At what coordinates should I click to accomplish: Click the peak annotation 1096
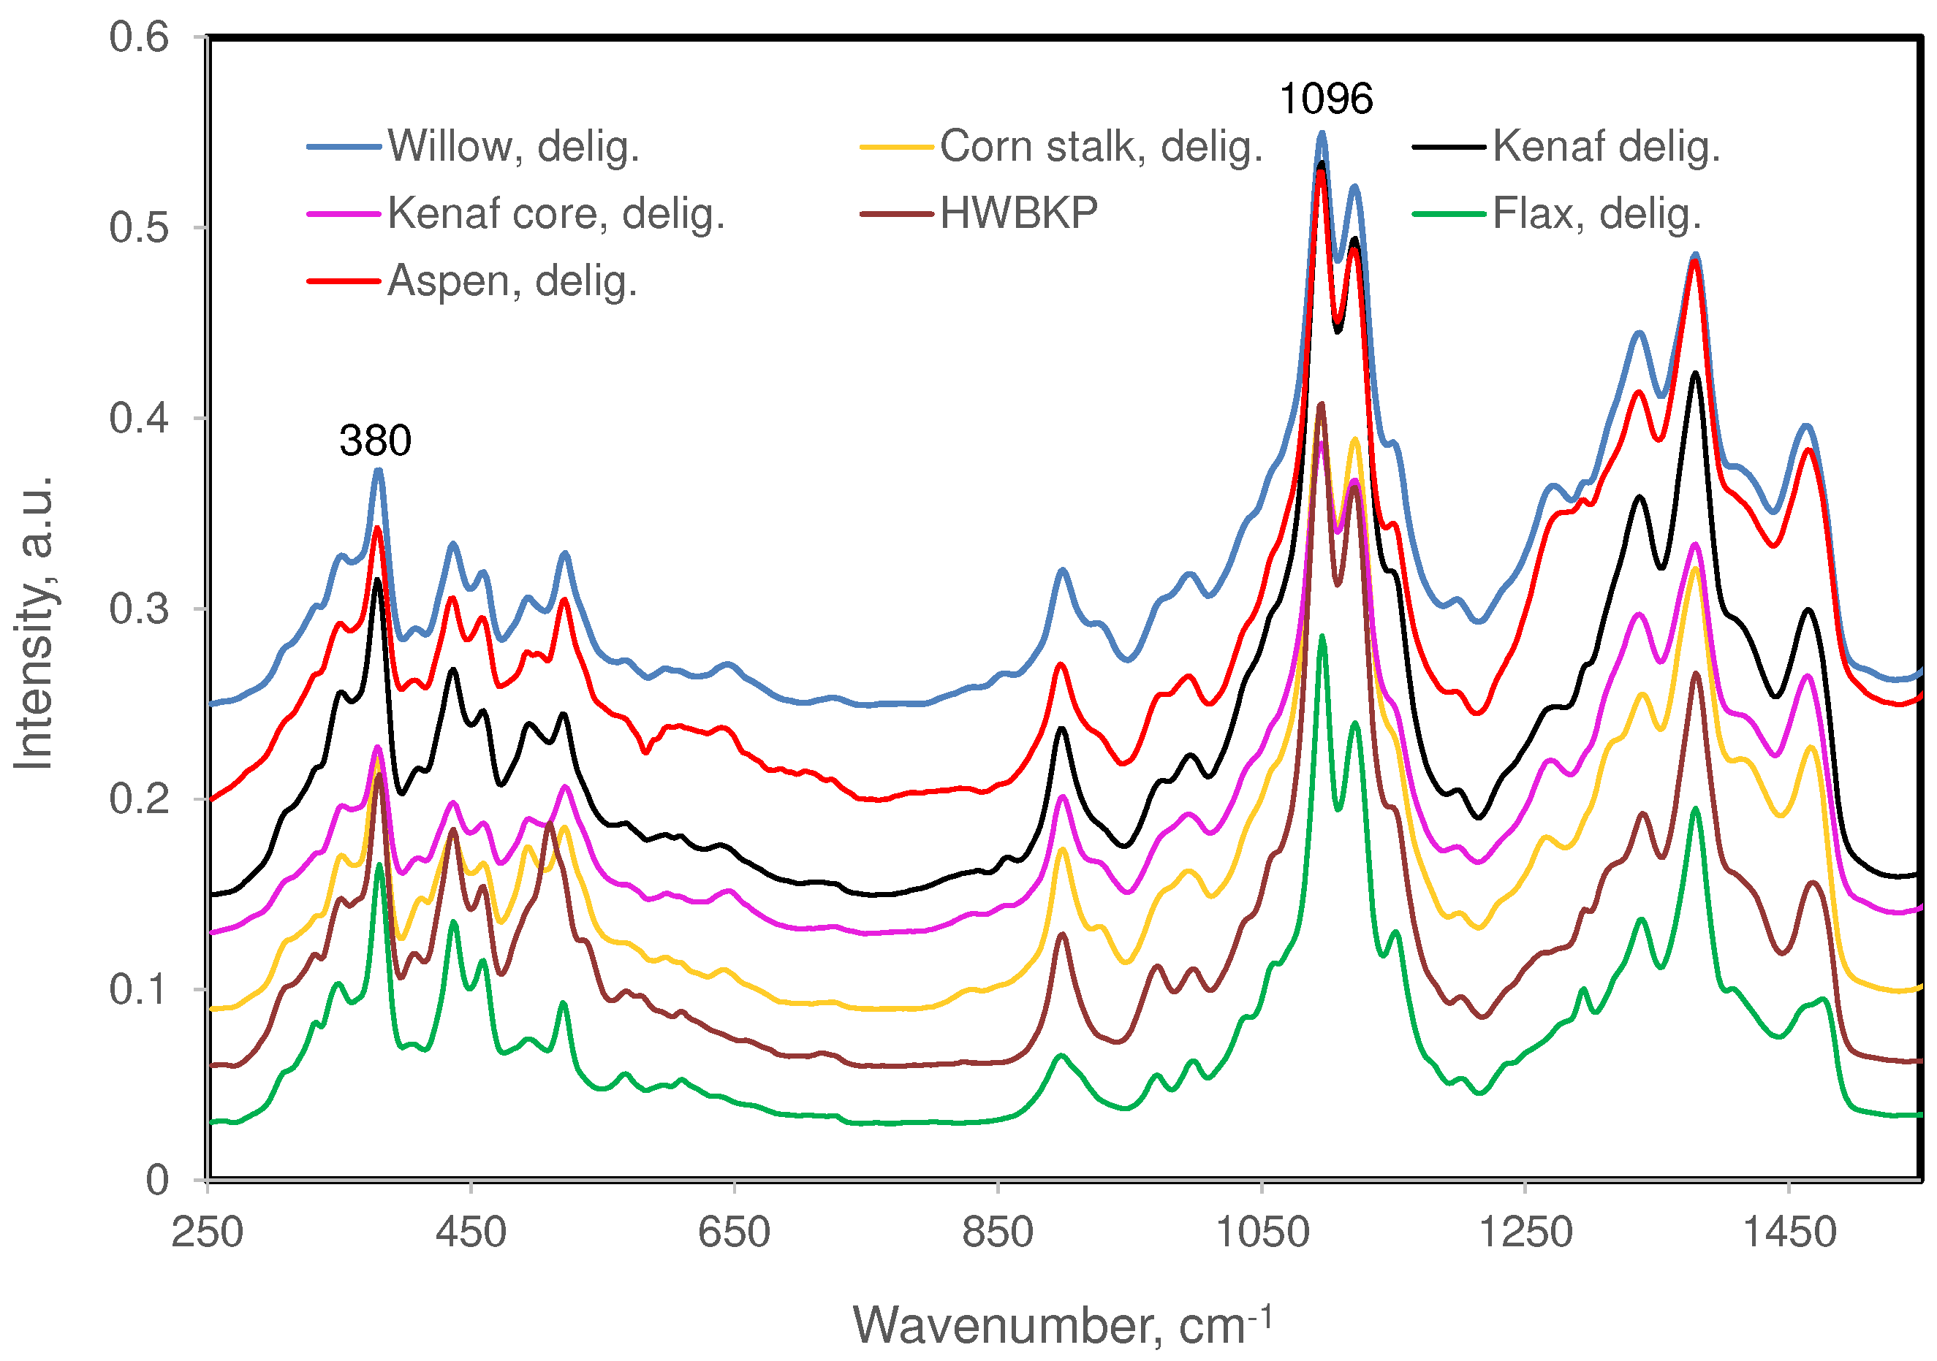[1325, 99]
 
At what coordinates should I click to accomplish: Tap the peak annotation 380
[376, 441]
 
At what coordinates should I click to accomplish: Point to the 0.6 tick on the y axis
[139, 38]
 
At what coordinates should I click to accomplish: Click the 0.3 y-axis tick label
[139, 609]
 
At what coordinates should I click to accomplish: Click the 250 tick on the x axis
[208, 1233]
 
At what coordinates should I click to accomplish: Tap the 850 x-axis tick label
[997, 1233]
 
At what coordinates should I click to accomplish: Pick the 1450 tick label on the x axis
[1789, 1233]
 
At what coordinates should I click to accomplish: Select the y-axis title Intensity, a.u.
[34, 624]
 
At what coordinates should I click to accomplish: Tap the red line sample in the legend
[344, 282]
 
